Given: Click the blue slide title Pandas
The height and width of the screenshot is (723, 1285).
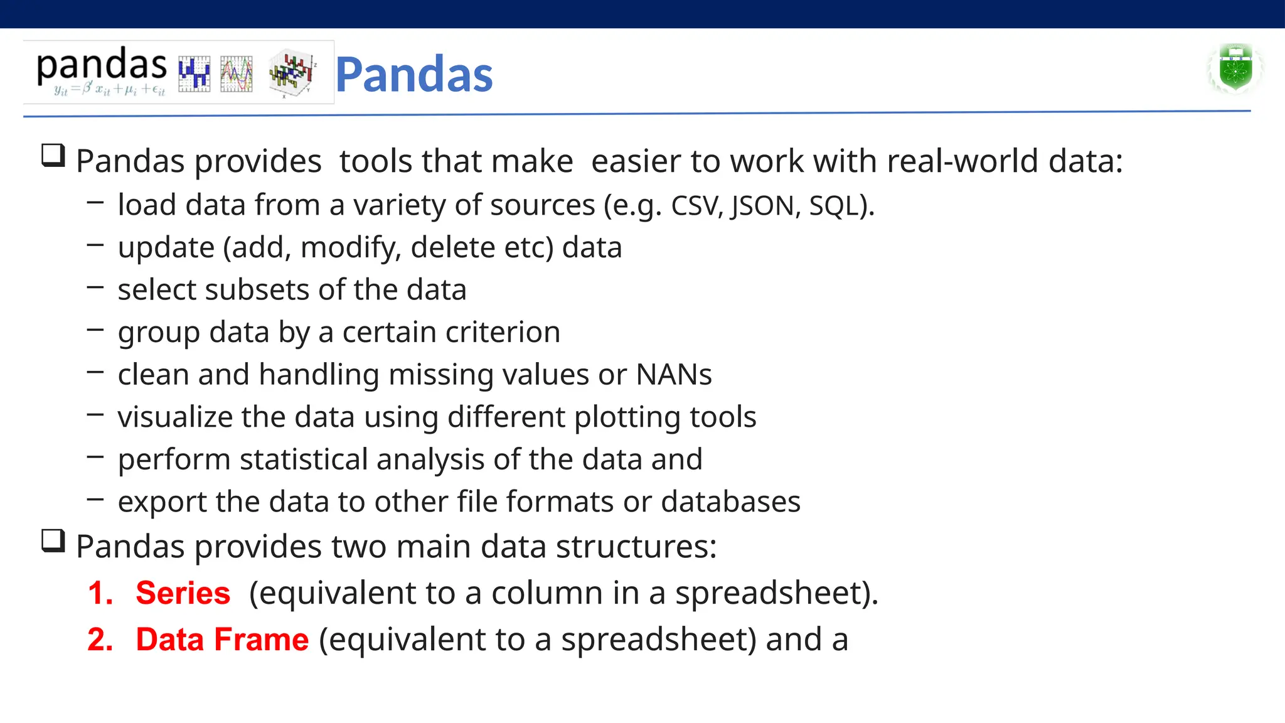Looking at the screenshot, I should [414, 75].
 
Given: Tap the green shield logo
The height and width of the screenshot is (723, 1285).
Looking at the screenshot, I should [1235, 68].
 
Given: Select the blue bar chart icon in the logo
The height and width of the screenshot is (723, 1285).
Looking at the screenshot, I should [194, 74].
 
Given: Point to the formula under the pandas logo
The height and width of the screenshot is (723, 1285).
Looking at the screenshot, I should [109, 90].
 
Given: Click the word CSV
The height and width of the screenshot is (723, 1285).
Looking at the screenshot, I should [696, 206].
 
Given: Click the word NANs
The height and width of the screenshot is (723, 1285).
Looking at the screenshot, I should [674, 375].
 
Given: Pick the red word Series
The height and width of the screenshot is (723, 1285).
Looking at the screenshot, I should [183, 593].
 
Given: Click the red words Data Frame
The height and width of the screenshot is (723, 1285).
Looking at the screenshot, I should [222, 640].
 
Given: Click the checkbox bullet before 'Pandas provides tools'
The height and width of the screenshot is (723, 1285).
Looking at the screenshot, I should [53, 156].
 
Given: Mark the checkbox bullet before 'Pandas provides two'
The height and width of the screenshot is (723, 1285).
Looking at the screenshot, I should [53, 541].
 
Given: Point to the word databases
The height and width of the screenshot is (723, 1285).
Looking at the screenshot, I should [730, 501].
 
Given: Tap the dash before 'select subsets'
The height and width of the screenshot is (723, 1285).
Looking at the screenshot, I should [95, 287].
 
